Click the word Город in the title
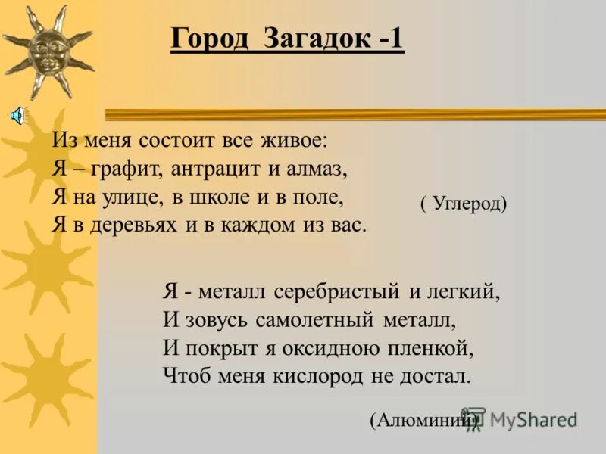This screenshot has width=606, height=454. (209, 39)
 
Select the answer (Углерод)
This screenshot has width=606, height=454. (463, 203)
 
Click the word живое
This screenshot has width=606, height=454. (298, 140)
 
